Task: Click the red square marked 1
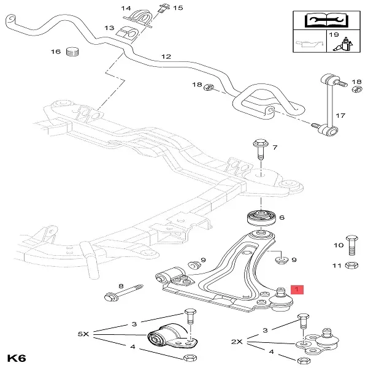click(297, 289)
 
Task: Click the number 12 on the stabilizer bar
click(166, 56)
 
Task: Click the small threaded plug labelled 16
click(74, 51)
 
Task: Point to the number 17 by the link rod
click(340, 115)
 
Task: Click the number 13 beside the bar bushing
click(110, 28)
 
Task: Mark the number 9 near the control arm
click(293, 261)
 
